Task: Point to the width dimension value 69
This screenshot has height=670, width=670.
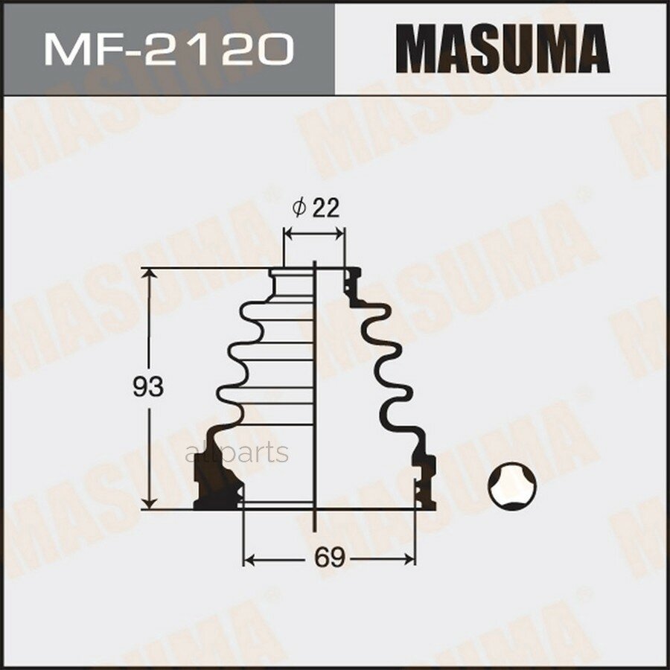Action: click(x=329, y=558)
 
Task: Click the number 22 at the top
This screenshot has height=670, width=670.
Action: click(x=325, y=208)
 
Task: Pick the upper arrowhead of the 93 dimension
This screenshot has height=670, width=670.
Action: click(x=151, y=275)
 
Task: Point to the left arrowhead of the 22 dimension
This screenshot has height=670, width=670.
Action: click(x=290, y=235)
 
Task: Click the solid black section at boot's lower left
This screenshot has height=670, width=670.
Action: click(x=216, y=488)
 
